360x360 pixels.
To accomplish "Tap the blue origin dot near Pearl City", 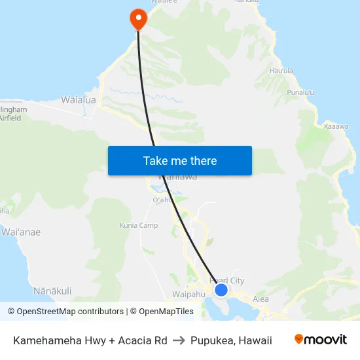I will pos(221,289).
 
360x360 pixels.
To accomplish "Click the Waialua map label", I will pos(79,100).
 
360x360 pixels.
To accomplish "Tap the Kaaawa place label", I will pos(336,126).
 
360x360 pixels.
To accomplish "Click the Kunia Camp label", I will pos(139,225).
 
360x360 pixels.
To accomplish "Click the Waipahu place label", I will pos(189,295).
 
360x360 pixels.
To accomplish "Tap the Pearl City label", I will pos(226,281).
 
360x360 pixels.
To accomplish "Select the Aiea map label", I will pos(261,299).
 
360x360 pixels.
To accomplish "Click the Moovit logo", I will pos(321,339).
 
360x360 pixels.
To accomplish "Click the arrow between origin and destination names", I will pos(179,340).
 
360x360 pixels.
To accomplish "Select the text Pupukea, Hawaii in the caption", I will pos(231,340).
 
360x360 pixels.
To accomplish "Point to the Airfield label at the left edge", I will pos(10,118).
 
